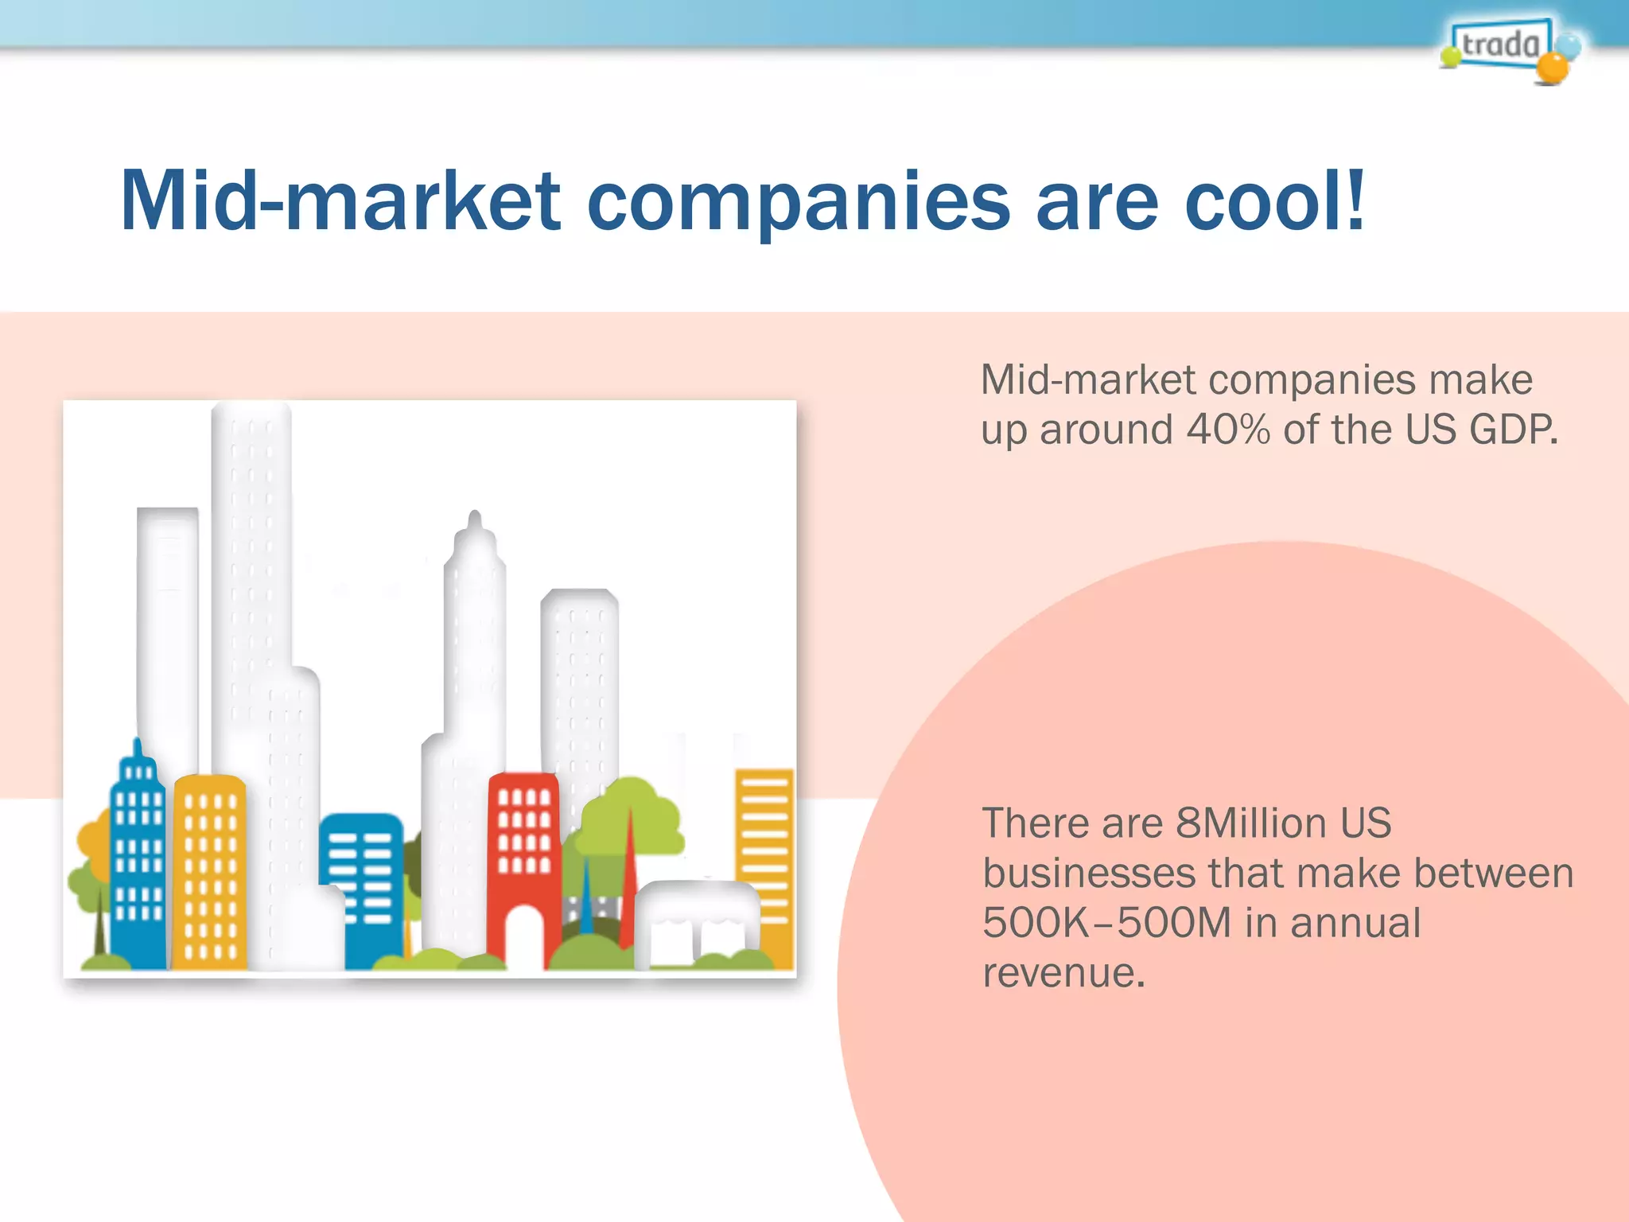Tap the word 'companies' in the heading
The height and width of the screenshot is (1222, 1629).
pyautogui.click(x=799, y=202)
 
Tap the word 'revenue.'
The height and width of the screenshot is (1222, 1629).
pyautogui.click(x=1064, y=972)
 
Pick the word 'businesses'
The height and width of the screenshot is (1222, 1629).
pyautogui.click(x=1088, y=873)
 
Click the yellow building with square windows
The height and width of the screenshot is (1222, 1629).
pyautogui.click(x=209, y=871)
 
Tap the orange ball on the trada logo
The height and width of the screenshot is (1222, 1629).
pyautogui.click(x=1552, y=68)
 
